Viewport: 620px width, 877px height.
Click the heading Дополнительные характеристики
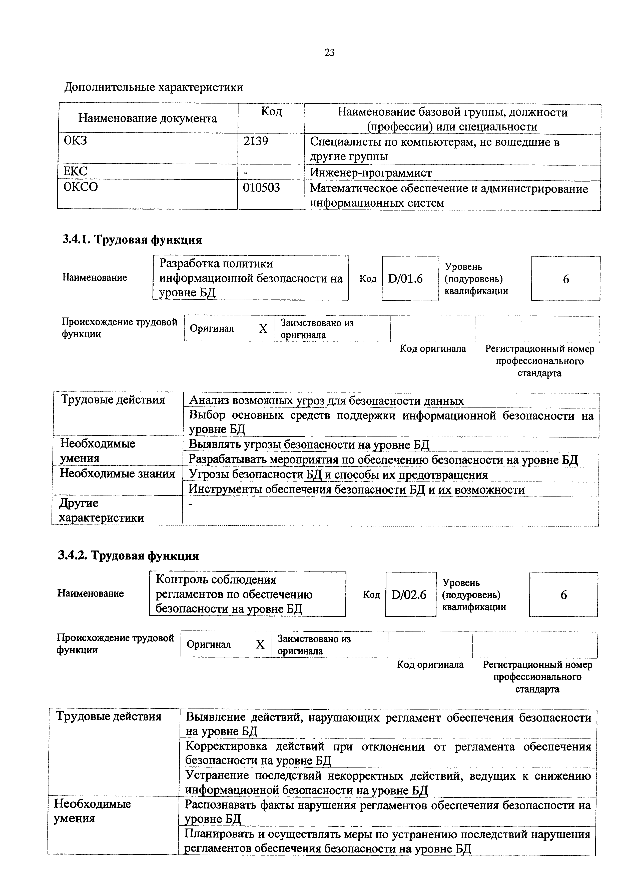pos(154,87)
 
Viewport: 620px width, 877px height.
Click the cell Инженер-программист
pos(371,173)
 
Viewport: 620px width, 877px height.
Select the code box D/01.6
pos(405,279)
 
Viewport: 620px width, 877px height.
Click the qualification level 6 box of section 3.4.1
pos(566,279)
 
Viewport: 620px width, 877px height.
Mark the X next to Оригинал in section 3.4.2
pos(260,645)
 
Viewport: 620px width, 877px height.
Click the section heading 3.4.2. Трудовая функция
pos(128,556)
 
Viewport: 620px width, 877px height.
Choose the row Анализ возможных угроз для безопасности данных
pos(327,401)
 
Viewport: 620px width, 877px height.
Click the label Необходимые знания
pos(117,474)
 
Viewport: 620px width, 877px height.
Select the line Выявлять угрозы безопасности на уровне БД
pos(309,444)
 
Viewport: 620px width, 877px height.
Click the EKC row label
pos(75,171)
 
